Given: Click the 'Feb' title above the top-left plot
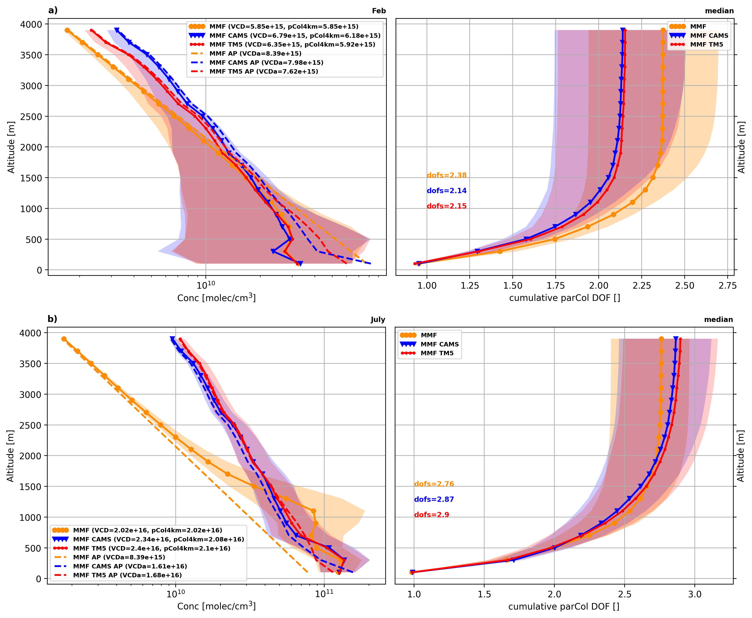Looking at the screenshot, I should [x=379, y=11].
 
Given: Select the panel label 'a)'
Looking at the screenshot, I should [x=53, y=10].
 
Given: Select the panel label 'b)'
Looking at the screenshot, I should [x=52, y=319].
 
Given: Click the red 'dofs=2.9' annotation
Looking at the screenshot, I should [x=431, y=514].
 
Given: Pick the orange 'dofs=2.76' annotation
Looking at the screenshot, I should [x=434, y=484].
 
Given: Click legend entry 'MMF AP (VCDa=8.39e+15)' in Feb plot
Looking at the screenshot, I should [x=255, y=53].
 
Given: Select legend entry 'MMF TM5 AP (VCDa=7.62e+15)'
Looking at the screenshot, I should [x=264, y=71].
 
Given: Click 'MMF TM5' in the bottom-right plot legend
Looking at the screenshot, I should [x=437, y=353].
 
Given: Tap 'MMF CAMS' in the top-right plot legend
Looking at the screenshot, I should [x=709, y=36].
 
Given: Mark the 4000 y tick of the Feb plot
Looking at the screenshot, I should [x=32, y=24].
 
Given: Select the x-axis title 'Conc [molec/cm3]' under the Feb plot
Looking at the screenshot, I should [x=216, y=298].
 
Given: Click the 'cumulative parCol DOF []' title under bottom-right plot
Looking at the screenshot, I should [x=564, y=606].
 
